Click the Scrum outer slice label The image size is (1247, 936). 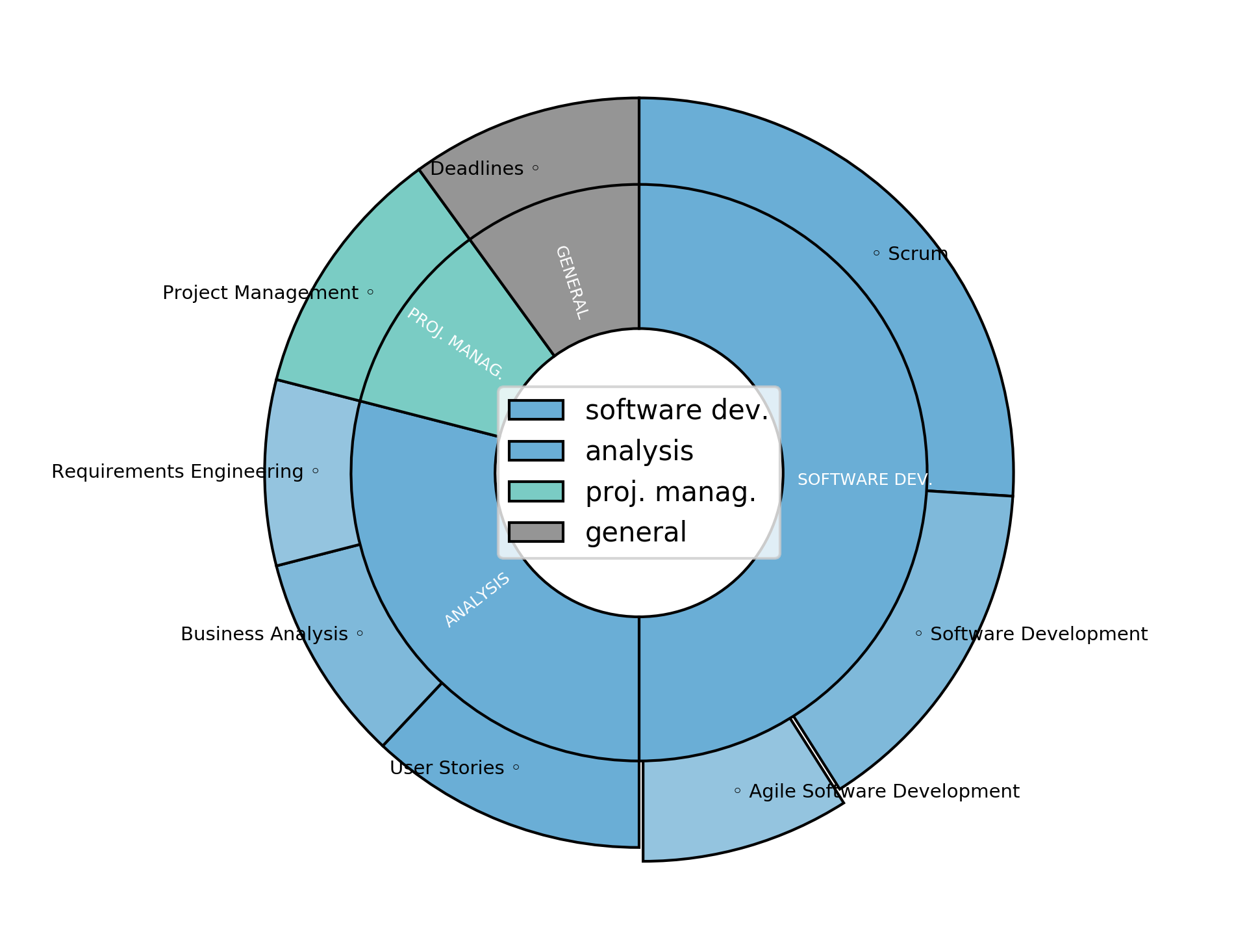[x=917, y=254]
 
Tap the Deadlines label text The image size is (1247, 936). [x=477, y=169]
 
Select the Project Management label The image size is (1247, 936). [x=260, y=293]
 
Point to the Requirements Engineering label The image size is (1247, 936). [x=177, y=472]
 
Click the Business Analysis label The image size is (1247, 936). [x=264, y=634]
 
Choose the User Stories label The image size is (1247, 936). [x=447, y=768]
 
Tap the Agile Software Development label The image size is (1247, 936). [x=884, y=792]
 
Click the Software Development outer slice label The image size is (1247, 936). [x=1039, y=634]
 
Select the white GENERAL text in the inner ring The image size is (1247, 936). [x=572, y=282]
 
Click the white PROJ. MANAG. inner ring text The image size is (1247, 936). [x=455, y=343]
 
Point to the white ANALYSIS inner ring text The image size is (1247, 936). [x=477, y=599]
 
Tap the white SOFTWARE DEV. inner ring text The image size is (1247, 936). [x=864, y=480]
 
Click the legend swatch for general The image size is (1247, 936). [x=536, y=532]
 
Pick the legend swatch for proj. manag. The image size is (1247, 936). [x=536, y=491]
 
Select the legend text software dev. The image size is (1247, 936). [x=677, y=410]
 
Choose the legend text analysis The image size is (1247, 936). [x=639, y=451]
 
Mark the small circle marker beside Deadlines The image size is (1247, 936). [x=535, y=168]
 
